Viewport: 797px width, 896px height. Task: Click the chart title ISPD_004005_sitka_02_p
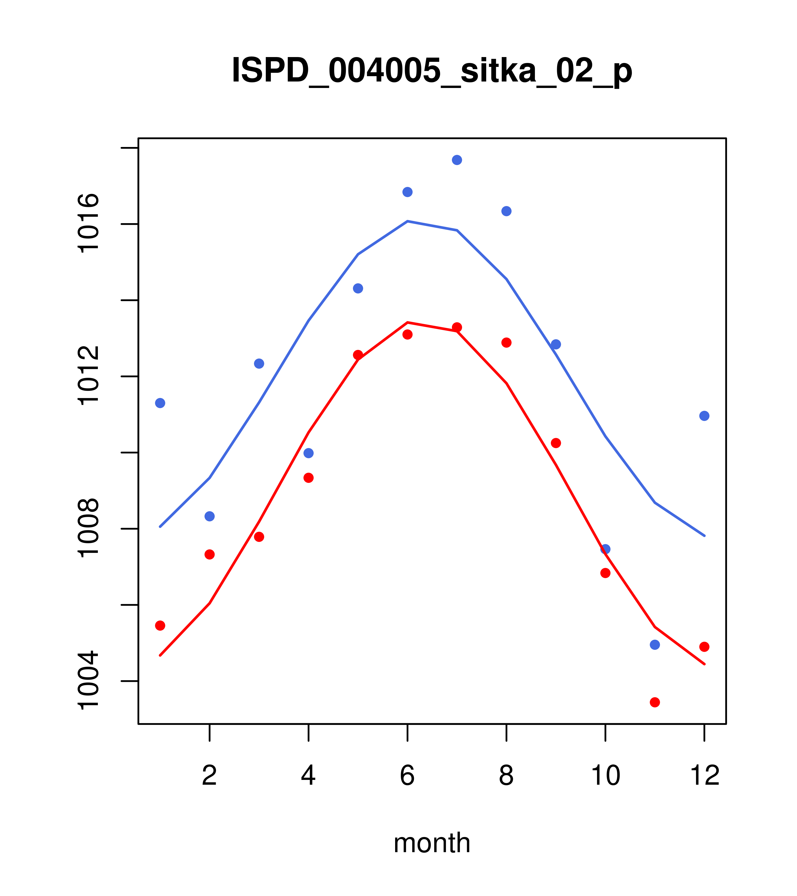432,71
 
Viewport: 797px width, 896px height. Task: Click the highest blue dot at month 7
457,160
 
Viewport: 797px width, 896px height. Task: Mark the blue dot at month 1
160,403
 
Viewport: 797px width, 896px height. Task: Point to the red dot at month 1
160,625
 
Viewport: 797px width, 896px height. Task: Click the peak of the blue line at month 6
407,221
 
